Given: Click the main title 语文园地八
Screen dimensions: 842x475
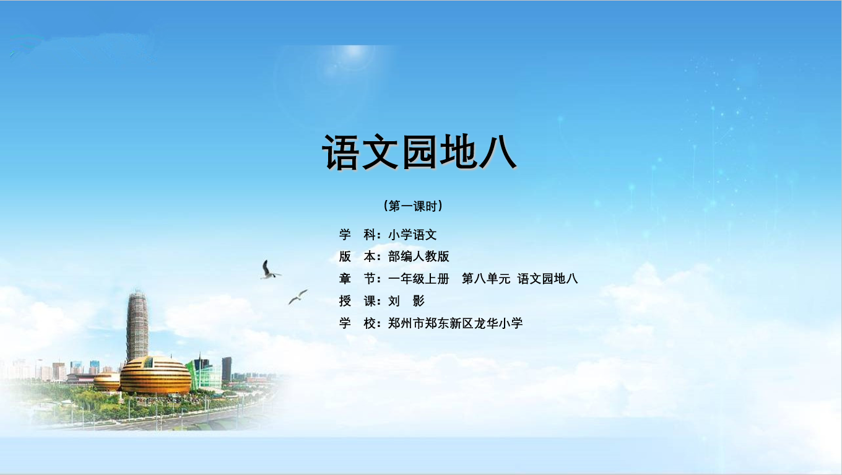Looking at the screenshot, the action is [419, 152].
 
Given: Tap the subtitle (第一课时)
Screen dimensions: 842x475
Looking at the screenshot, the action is [413, 206].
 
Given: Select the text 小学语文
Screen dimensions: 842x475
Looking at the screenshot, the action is [412, 235].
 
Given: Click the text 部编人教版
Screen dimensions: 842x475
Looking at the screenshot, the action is [419, 256].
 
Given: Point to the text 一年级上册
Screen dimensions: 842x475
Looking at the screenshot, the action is [419, 279].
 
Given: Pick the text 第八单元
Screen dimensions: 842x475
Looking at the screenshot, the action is [485, 279].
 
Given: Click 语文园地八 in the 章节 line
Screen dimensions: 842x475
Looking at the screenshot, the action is [547, 279].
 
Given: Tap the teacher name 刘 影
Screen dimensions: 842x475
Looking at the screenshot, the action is [406, 301].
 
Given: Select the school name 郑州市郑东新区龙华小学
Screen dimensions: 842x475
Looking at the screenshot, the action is [455, 323].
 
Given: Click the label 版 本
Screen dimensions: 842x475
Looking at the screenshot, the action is [357, 256].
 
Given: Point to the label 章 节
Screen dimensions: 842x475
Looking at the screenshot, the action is [357, 279].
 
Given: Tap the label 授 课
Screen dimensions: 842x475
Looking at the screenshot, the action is [357, 301].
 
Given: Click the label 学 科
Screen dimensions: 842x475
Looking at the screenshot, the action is [357, 235].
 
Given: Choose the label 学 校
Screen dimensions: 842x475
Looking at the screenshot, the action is [357, 323].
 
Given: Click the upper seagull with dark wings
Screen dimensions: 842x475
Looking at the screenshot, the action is [269, 271].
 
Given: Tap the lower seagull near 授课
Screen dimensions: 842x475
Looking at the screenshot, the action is [298, 297].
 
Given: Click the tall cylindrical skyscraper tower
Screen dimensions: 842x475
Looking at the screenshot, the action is [137, 326].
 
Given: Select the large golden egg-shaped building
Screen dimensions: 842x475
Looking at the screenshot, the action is [155, 375].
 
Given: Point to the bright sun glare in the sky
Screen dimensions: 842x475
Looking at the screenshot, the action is [354, 53].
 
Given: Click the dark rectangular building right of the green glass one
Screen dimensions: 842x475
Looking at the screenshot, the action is [227, 369].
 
